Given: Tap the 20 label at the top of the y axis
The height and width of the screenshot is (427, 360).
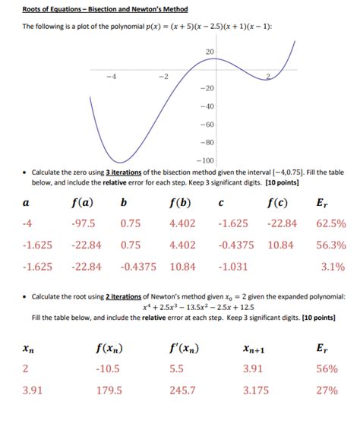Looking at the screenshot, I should point(210,51).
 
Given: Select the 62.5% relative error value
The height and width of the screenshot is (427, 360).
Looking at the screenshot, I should point(332,224).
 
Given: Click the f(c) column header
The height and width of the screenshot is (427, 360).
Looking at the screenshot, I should point(280,203).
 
